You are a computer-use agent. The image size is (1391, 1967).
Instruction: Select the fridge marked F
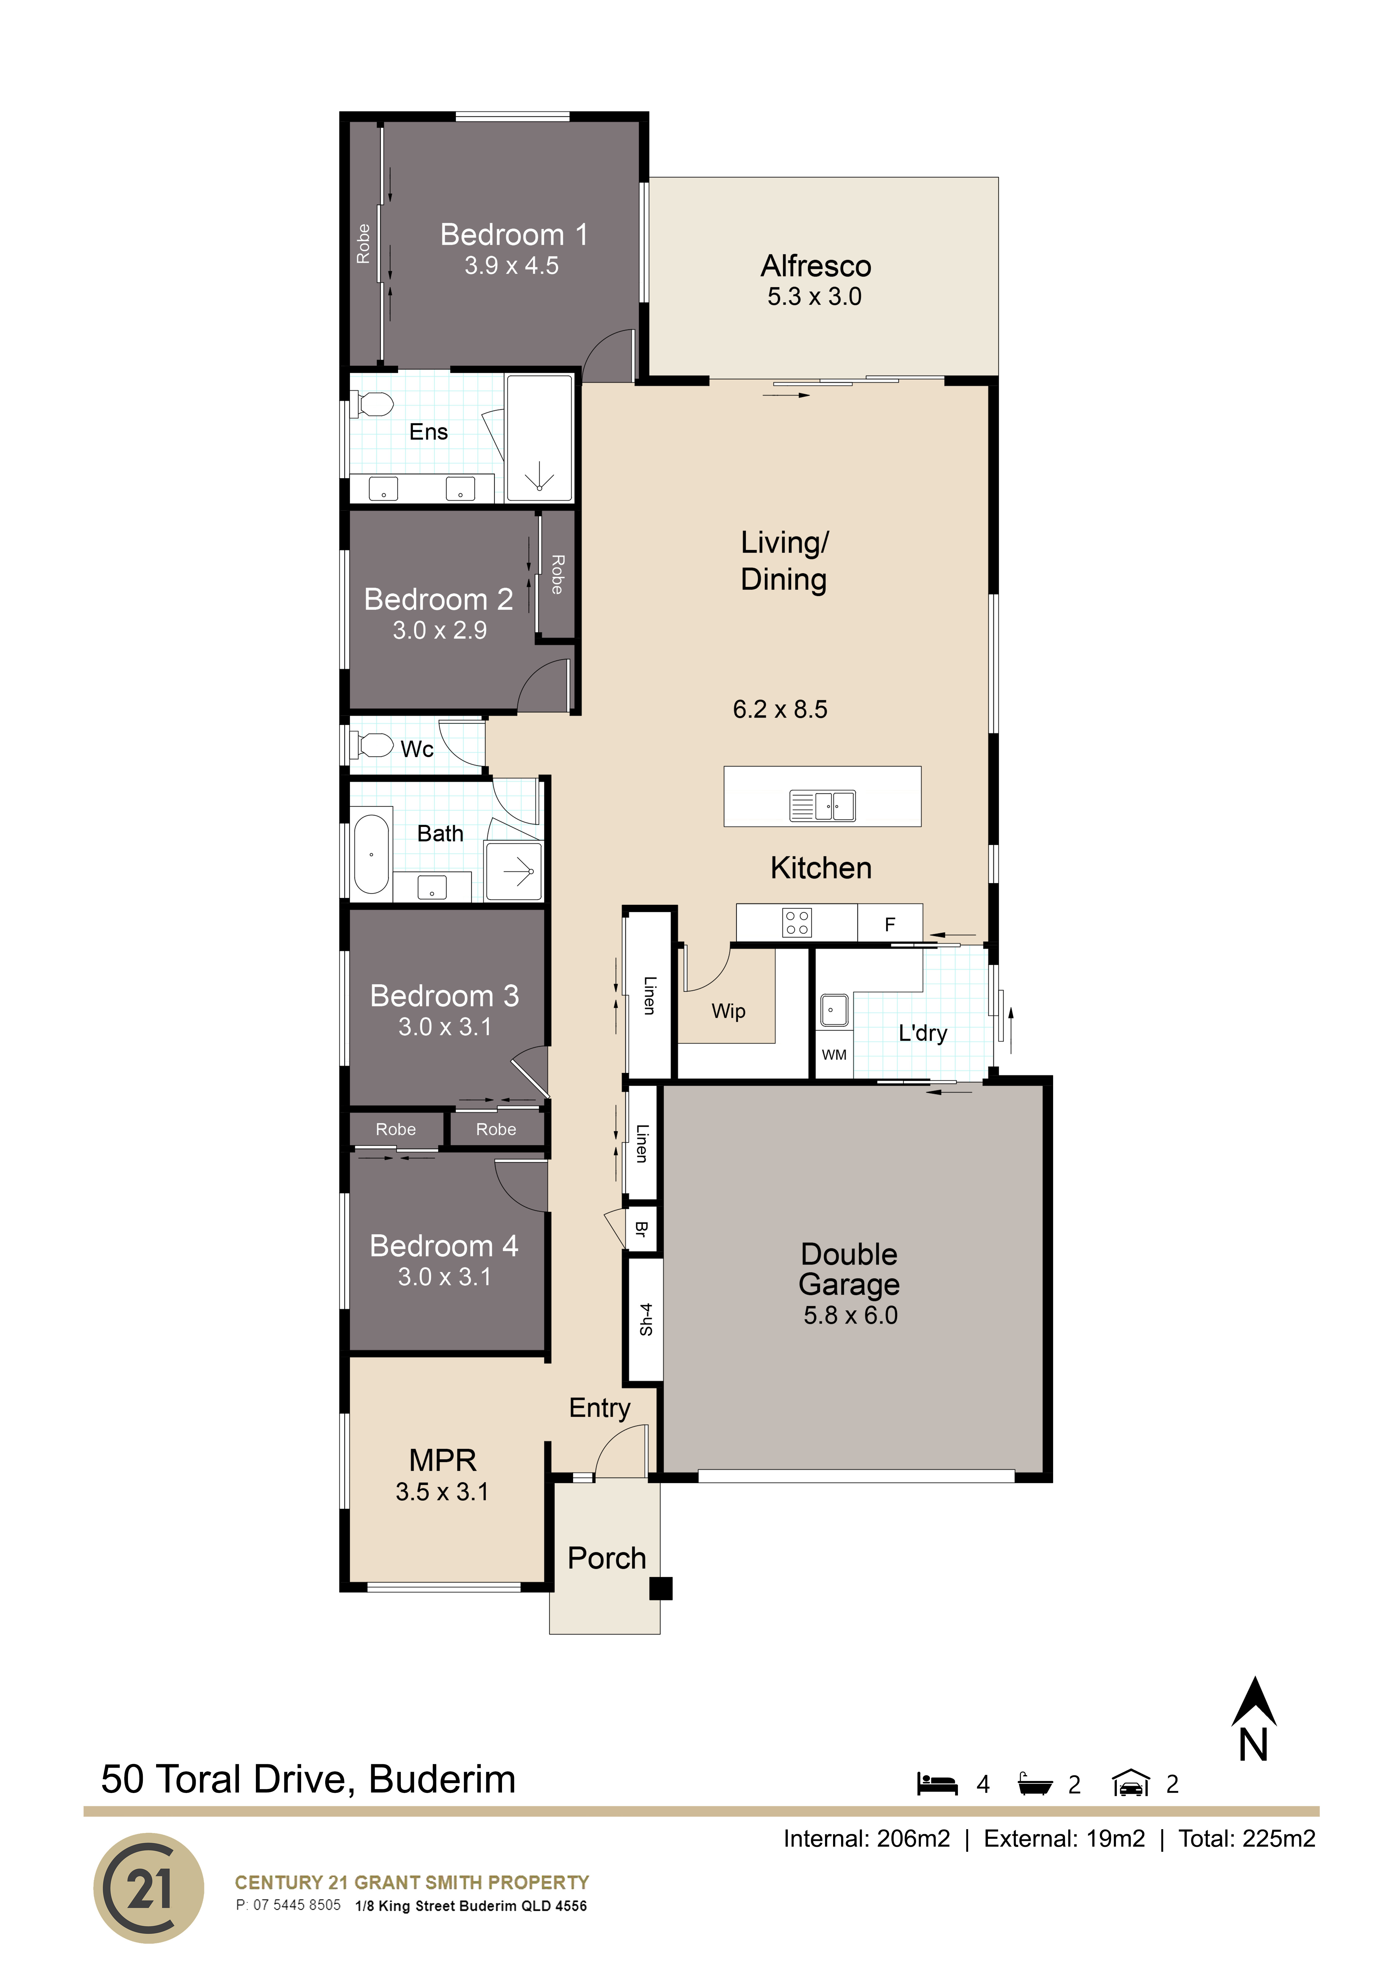click(x=890, y=923)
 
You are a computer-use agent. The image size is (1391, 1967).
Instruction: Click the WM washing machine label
click(x=834, y=1055)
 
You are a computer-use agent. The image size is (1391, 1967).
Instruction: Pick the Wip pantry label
click(x=729, y=1011)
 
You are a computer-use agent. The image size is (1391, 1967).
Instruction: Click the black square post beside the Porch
click(x=661, y=1588)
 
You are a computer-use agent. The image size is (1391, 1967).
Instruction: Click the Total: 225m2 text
click(x=1247, y=1838)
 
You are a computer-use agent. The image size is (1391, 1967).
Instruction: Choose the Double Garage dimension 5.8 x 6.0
click(x=850, y=1315)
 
